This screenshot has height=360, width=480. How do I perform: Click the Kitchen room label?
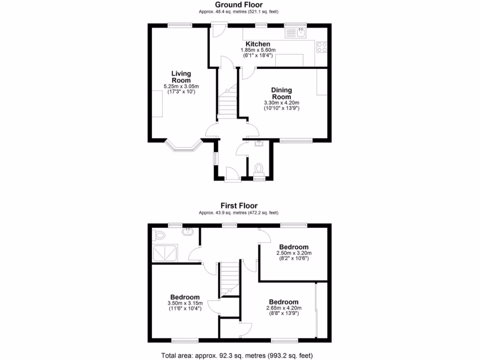[x=258, y=44]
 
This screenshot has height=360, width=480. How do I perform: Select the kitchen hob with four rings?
[x=322, y=46]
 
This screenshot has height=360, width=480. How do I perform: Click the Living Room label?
[x=181, y=77]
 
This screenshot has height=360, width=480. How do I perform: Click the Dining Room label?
[x=281, y=93]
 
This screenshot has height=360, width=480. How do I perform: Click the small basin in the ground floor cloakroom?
[x=258, y=144]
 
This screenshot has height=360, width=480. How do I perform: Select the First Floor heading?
[x=240, y=205]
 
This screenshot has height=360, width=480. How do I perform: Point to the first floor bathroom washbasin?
[x=188, y=231]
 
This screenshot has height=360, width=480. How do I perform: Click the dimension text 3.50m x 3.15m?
[x=185, y=303]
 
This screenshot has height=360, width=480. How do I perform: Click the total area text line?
[x=237, y=355]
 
